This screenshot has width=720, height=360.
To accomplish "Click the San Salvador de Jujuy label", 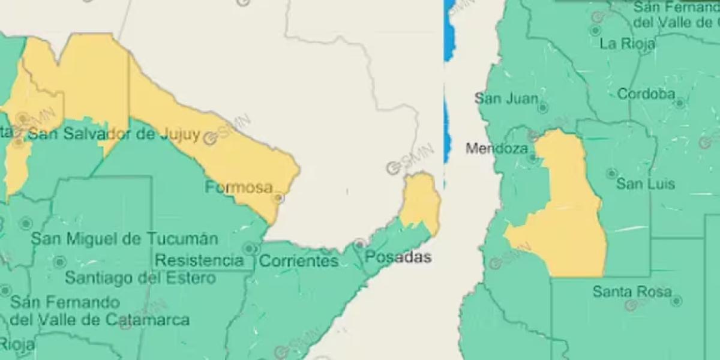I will click(x=114, y=134).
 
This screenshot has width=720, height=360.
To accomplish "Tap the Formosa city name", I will click(x=239, y=187).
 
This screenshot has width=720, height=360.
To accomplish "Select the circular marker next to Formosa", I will click(x=278, y=197).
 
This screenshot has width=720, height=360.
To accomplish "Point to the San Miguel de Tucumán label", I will click(x=124, y=239).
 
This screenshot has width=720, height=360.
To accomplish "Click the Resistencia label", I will click(x=199, y=260).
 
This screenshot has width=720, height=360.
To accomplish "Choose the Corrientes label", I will click(x=299, y=262).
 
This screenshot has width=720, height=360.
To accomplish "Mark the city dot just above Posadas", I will click(x=359, y=244).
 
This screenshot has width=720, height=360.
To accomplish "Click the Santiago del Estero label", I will click(x=140, y=278).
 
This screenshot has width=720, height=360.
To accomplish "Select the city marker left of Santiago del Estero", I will click(x=59, y=262).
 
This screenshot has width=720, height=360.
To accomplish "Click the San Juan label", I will click(x=506, y=98).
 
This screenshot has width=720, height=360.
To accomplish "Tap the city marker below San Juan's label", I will click(x=542, y=108).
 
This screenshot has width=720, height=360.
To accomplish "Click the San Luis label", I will click(x=646, y=184).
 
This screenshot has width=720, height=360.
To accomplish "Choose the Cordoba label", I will click(x=646, y=94).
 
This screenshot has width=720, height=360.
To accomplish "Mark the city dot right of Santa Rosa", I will click(x=676, y=301).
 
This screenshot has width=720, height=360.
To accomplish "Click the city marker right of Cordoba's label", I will click(x=679, y=103).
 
